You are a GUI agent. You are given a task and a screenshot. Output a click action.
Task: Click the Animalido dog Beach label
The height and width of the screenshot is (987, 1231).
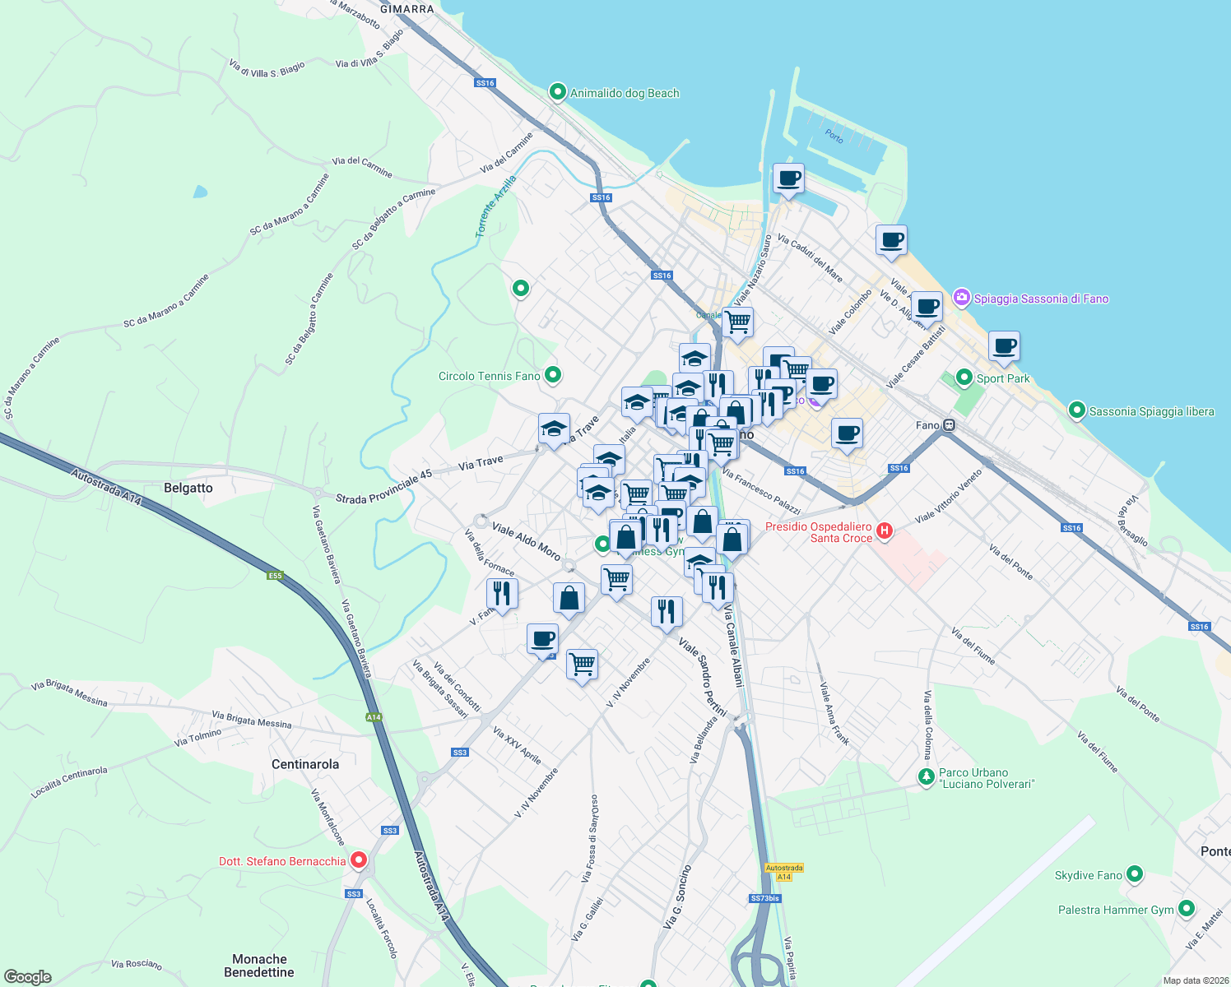coord(625,93)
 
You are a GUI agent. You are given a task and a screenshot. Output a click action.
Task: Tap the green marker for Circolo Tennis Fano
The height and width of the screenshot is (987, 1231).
coord(553,375)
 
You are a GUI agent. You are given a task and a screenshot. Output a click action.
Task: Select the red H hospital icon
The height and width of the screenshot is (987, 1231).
coord(885,531)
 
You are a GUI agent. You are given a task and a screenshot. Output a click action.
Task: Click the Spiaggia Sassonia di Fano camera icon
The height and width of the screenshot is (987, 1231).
coord(961,297)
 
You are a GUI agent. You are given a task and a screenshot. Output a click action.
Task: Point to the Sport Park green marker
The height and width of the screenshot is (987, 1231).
coord(964,378)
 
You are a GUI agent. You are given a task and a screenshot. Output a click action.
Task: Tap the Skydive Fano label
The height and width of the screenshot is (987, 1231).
coord(1088,875)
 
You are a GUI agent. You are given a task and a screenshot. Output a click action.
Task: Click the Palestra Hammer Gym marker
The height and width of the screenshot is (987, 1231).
coord(1186,908)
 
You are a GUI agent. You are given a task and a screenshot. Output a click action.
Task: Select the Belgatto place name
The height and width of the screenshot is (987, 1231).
coord(188,488)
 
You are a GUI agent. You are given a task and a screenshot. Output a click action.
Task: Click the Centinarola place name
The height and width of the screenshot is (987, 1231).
coord(305,764)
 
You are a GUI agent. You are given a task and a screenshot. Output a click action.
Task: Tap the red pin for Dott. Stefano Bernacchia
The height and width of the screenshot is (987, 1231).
coord(359,860)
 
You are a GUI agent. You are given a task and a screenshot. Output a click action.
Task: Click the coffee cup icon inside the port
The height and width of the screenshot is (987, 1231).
coord(788,178)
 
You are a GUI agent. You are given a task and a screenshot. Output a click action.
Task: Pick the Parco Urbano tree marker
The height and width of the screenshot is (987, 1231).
coord(927,776)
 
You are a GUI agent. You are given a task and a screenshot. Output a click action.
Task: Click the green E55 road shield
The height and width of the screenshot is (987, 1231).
coord(275,576)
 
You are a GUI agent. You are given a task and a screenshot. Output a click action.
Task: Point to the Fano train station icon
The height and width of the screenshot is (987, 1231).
coord(949,425)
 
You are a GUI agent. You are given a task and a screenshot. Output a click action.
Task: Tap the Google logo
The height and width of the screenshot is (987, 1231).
coord(27,977)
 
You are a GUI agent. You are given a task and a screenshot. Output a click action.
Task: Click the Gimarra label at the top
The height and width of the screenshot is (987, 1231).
coord(406,9)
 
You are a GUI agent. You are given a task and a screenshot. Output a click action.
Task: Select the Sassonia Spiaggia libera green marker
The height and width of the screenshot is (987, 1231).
coord(1076,410)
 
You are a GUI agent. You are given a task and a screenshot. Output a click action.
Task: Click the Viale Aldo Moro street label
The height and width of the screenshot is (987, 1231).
coord(526,540)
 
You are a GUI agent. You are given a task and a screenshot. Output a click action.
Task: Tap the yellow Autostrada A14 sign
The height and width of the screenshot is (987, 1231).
coord(783,872)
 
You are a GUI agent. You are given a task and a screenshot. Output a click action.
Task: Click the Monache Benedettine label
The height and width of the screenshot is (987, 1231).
coord(259,966)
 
